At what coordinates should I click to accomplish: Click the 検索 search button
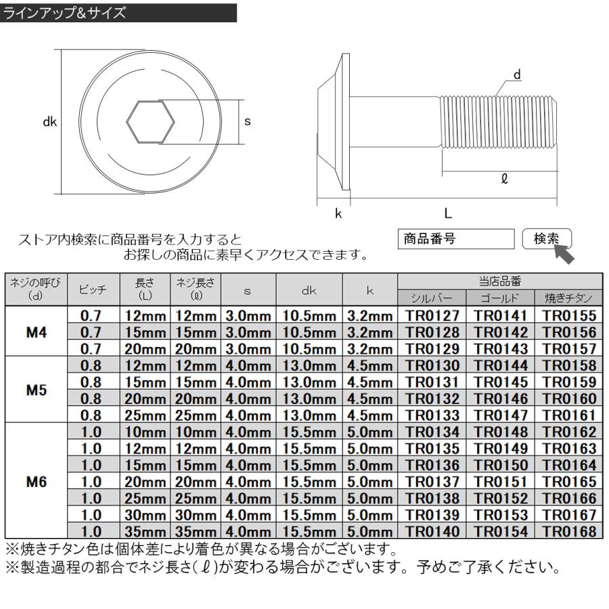tap(547, 239)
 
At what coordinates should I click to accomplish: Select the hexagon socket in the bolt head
tap(151, 122)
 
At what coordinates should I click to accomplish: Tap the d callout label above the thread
tap(518, 75)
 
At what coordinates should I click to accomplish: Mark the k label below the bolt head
tap(338, 214)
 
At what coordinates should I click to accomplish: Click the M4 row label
tap(35, 331)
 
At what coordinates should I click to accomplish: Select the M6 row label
tap(35, 483)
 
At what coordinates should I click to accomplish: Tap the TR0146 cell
tap(500, 399)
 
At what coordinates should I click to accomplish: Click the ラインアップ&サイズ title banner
tap(118, 12)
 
